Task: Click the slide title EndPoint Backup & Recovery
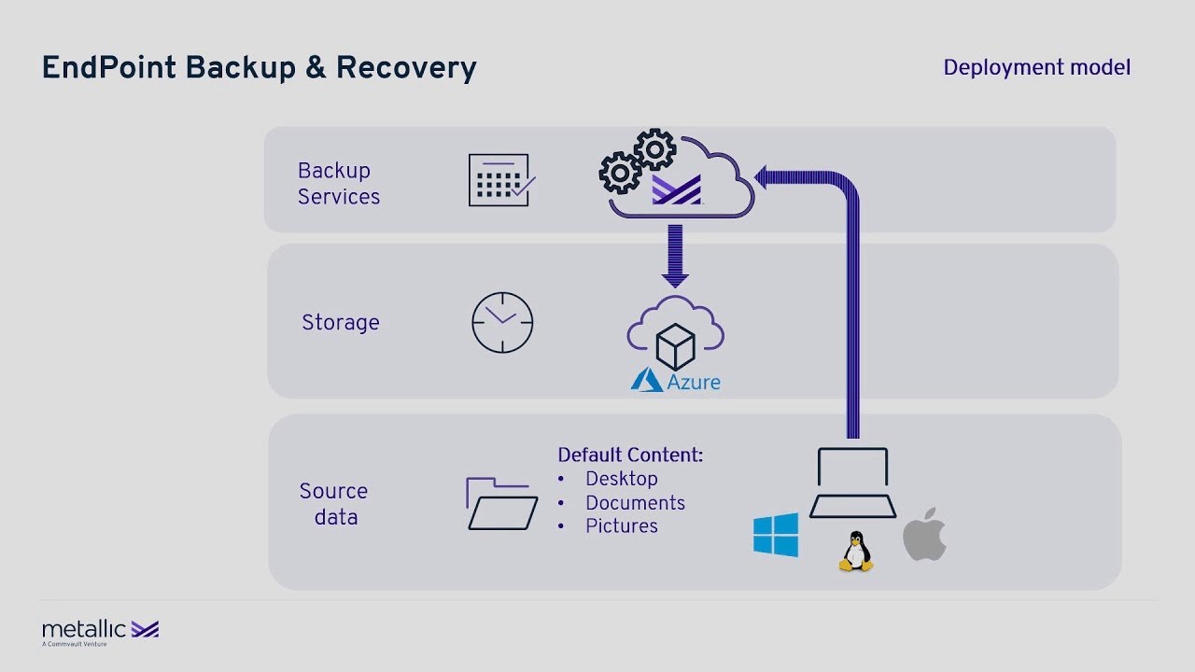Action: point(259,68)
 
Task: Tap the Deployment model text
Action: point(1036,68)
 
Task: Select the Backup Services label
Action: point(338,184)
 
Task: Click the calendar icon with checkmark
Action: point(500,180)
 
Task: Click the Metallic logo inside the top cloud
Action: point(676,190)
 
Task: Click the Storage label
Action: point(340,323)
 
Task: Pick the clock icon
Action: point(502,323)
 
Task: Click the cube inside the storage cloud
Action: point(675,346)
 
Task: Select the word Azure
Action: point(693,382)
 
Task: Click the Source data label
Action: point(333,504)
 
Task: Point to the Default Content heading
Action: point(630,455)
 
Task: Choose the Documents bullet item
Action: point(635,503)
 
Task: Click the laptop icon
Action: point(852,483)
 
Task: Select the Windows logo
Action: point(776,535)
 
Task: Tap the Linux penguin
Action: point(855,552)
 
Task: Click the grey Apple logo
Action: point(924,535)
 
